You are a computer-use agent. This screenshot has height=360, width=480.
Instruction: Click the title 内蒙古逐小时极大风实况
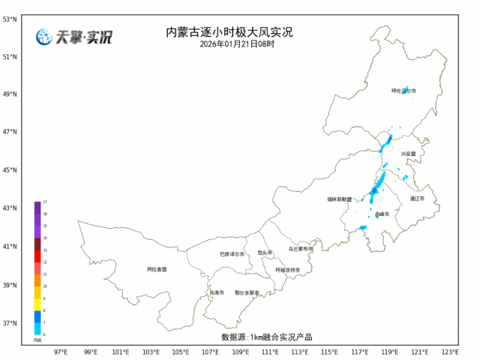point(229,32)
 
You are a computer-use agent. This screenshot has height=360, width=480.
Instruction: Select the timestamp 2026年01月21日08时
point(237,44)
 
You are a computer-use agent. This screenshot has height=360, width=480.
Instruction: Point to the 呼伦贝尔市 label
point(403,91)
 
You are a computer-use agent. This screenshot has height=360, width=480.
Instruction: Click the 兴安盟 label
point(408,153)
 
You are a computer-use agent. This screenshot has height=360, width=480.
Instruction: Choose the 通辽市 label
point(417,199)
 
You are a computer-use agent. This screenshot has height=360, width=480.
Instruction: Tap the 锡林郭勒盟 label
point(340,199)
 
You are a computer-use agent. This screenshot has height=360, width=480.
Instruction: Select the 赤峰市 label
point(382,214)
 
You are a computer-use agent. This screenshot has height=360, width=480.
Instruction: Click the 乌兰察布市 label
point(301,248)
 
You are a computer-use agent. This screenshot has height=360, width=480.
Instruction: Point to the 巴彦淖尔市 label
point(232,254)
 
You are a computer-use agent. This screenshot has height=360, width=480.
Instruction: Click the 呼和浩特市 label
point(287,270)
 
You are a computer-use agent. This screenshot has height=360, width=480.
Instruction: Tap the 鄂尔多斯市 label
point(247,292)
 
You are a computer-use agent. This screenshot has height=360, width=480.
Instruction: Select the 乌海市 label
point(217,292)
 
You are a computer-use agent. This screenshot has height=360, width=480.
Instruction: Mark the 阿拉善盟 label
point(157,268)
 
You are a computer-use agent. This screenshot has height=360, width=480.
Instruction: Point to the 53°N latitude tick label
point(10,18)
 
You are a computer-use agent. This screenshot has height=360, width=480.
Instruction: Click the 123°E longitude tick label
point(449,351)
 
